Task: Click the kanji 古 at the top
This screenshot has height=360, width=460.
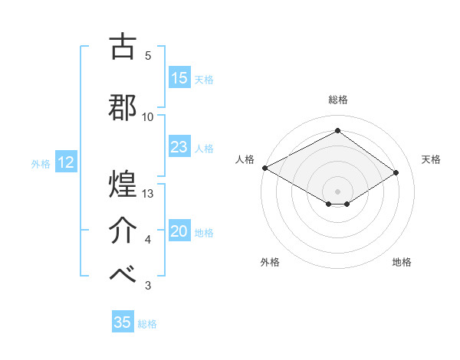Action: [x=123, y=47]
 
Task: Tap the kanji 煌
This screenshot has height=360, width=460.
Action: [x=123, y=184]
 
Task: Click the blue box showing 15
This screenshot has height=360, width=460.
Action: [x=179, y=78]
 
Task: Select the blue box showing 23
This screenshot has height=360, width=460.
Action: [x=179, y=147]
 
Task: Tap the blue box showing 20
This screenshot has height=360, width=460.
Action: [x=179, y=231]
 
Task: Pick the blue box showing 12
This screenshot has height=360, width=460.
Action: [x=65, y=162]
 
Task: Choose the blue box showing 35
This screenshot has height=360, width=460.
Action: [x=123, y=322]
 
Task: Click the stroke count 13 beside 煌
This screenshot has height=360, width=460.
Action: [x=149, y=194]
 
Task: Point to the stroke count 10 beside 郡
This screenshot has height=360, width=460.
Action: [x=148, y=116]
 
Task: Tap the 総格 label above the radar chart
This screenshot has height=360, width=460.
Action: [x=337, y=100]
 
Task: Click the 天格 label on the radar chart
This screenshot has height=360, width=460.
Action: [x=432, y=159]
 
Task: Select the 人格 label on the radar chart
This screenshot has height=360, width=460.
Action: [x=245, y=159]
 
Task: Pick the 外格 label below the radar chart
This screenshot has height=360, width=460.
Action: [x=270, y=262]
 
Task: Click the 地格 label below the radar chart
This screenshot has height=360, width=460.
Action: [x=402, y=262]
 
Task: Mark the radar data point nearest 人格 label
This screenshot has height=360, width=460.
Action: [x=264, y=168]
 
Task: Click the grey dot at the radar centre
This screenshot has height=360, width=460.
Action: [x=337, y=190]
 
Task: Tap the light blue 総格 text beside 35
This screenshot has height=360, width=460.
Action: [x=147, y=324]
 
